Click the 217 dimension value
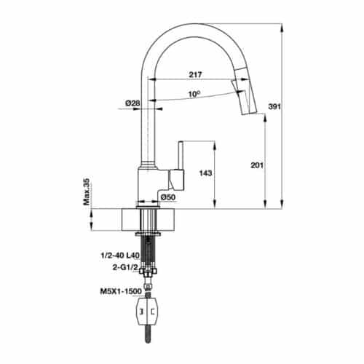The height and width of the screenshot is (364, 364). coord(194,74)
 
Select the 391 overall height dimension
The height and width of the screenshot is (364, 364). coord(294,107)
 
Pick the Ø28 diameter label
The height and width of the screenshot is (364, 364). coord(133,103)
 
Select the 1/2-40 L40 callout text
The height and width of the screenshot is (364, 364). coord(119,256)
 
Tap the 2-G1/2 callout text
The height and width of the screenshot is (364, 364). coord(125,267)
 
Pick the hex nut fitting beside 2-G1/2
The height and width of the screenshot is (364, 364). coord(151,269)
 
